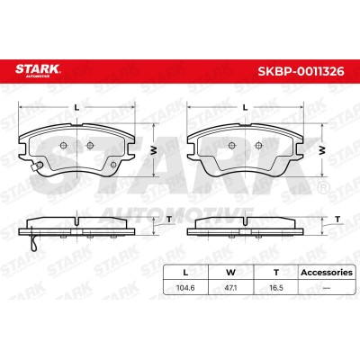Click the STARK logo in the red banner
pyautogui.click(x=38, y=70)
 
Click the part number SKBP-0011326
pyautogui.click(x=301, y=71)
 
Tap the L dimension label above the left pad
pyautogui.click(x=76, y=107)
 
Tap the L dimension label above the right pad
pyautogui.click(x=246, y=107)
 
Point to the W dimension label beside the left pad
pyautogui.click(x=154, y=150)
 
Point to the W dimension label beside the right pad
pyautogui.click(x=322, y=150)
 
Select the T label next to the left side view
pyautogui.click(x=169, y=220)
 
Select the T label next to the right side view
pyautogui.click(x=338, y=220)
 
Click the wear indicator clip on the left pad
pyautogui.click(x=39, y=166)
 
